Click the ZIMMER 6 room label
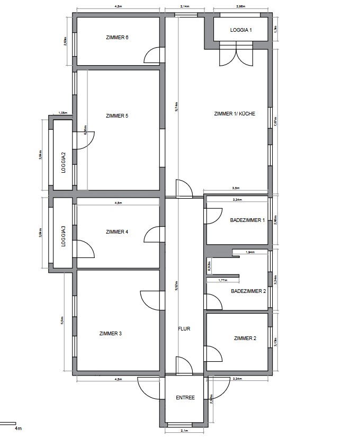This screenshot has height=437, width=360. (117, 38)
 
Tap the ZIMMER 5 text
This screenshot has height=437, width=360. (117, 115)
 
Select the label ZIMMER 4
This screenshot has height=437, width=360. (117, 231)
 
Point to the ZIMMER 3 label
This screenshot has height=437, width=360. (110, 333)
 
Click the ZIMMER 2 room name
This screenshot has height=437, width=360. (245, 337)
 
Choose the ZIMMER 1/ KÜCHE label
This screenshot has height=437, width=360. (231, 114)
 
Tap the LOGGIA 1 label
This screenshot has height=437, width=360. (241, 30)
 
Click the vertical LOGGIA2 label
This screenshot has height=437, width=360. (63, 163)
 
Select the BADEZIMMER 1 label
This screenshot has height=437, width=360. (247, 220)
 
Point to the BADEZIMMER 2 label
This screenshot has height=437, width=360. (248, 291)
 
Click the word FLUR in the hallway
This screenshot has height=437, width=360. (184, 328)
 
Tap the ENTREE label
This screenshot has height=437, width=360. (185, 398)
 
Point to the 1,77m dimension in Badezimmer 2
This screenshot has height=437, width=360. (222, 280)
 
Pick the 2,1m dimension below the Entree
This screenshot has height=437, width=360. (185, 431)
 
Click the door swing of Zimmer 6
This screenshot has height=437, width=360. (153, 55)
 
